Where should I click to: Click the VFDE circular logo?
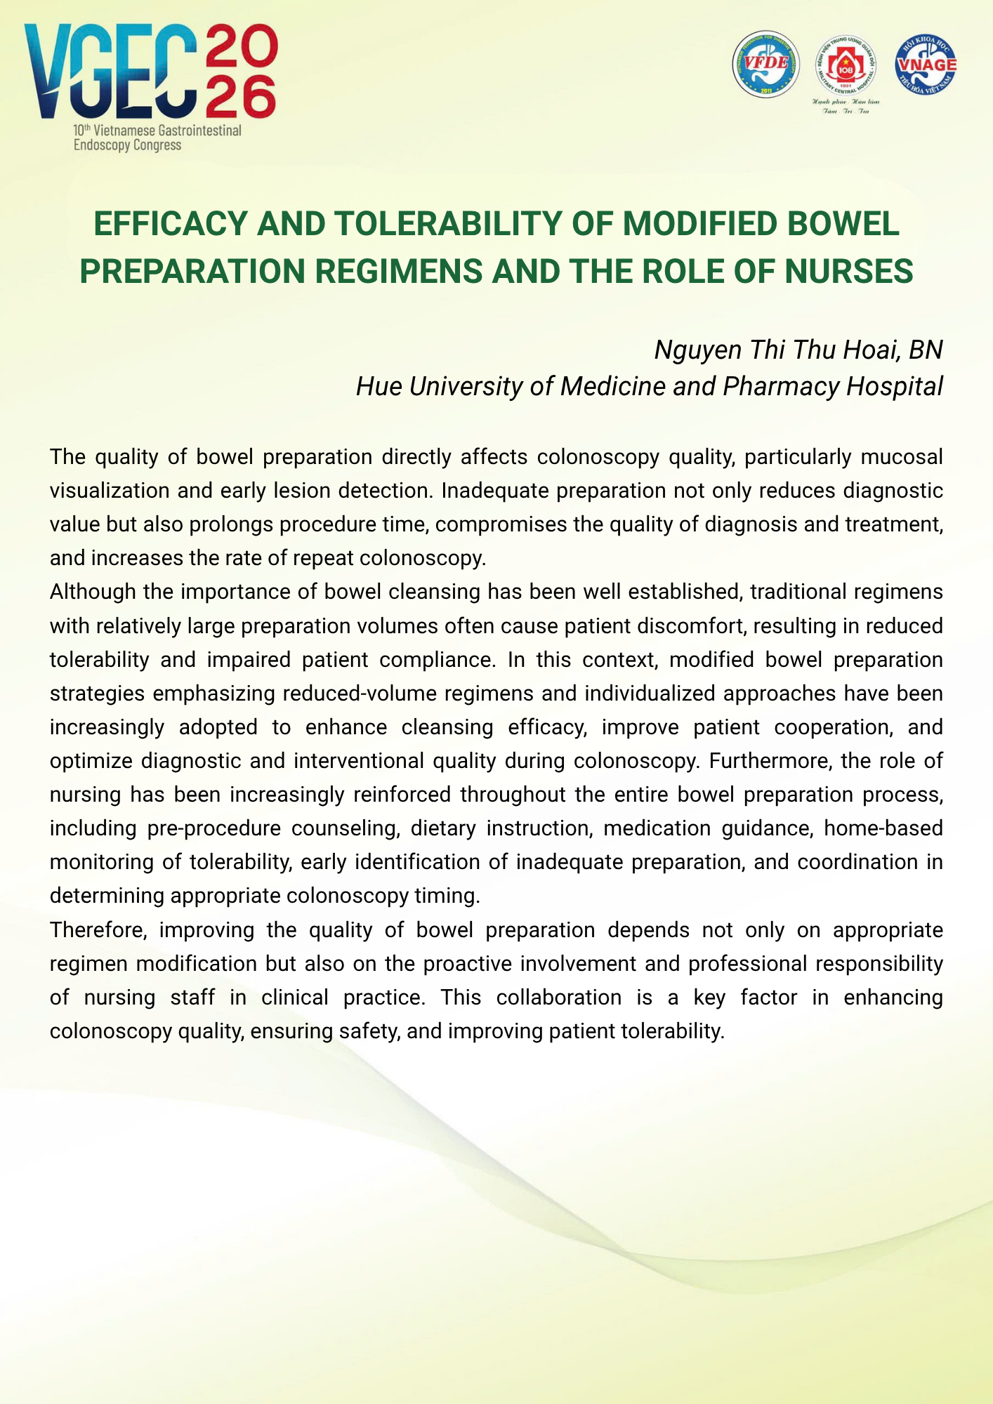tap(765, 65)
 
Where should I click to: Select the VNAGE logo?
tap(926, 65)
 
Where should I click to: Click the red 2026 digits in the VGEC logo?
tap(241, 71)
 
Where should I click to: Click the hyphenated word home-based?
tap(883, 828)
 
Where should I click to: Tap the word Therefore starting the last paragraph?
tap(98, 929)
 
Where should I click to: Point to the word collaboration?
tap(558, 997)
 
